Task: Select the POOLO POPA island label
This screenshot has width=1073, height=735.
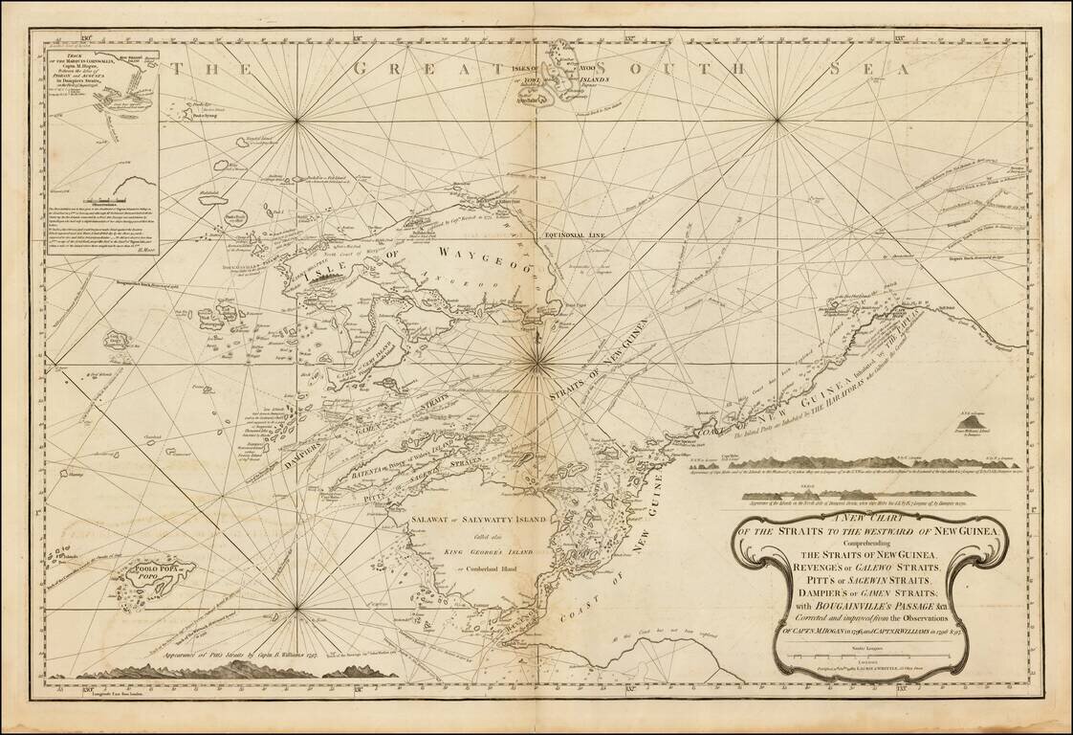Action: click(152, 574)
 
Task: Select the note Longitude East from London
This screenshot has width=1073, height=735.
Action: click(103, 688)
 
